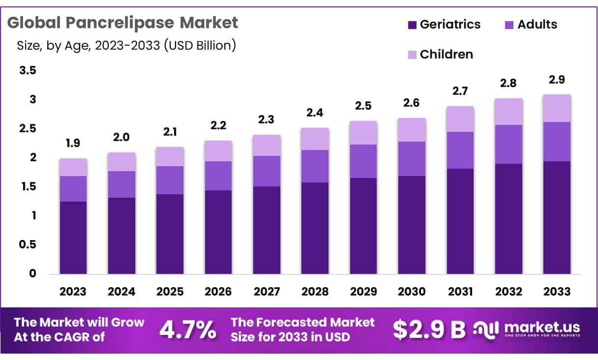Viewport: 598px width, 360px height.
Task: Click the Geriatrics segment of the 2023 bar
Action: (x=73, y=238)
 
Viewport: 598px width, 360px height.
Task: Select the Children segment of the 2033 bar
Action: (x=557, y=108)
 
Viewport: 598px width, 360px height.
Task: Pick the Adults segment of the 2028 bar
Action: (x=315, y=166)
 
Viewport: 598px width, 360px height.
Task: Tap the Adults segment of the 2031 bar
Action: (x=460, y=150)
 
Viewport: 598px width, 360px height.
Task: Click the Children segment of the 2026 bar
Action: (x=218, y=151)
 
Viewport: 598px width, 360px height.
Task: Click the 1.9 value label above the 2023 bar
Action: (x=73, y=143)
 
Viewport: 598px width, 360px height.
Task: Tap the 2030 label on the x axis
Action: (x=412, y=291)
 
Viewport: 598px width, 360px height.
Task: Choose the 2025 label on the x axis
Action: (x=170, y=291)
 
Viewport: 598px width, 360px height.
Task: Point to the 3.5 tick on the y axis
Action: (x=28, y=70)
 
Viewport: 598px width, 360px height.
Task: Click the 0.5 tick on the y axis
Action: (x=28, y=244)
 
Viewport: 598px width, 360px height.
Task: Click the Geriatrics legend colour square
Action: (x=412, y=25)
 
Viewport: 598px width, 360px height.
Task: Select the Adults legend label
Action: (x=537, y=25)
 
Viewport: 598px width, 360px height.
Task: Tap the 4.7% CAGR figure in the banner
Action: (x=187, y=330)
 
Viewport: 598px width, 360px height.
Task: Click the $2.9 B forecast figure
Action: (x=429, y=330)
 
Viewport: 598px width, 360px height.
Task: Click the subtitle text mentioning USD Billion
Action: (x=126, y=46)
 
